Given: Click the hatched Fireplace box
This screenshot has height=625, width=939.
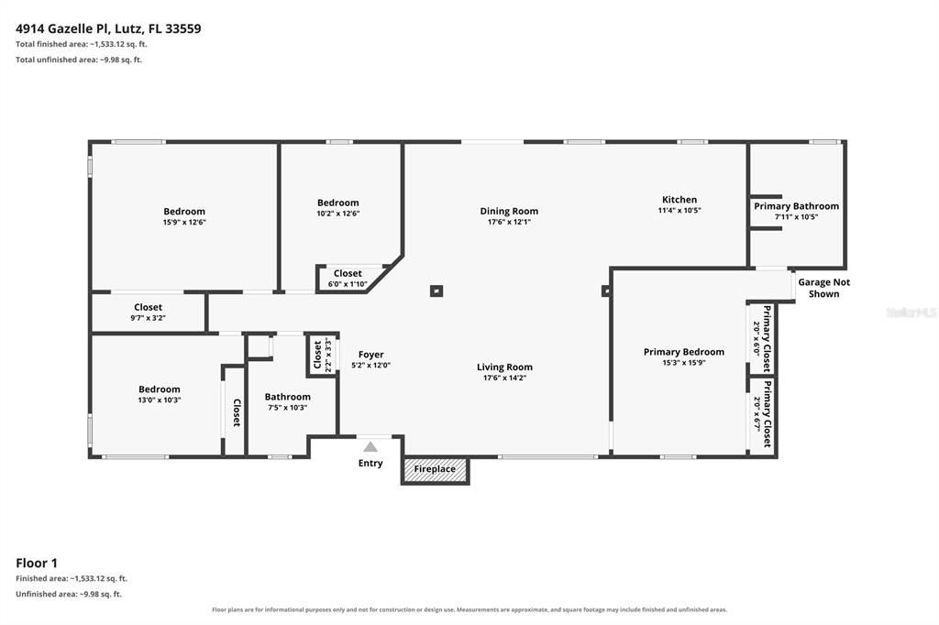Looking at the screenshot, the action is click(x=435, y=470).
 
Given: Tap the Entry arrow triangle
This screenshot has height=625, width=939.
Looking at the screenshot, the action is click(x=370, y=446).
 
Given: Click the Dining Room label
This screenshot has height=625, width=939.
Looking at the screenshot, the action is click(x=509, y=211).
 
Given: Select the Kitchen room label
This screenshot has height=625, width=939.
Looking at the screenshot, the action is click(x=679, y=200).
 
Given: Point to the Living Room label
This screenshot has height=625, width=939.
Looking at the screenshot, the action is click(x=505, y=367).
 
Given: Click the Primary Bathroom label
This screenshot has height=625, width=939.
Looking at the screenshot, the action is click(x=797, y=206).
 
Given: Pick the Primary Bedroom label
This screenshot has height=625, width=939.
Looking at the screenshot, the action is click(x=684, y=351).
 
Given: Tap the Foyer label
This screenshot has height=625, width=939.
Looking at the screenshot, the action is click(x=371, y=355).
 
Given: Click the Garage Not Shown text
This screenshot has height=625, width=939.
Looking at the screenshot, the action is click(x=824, y=288).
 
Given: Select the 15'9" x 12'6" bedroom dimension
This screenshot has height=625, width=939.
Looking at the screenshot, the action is click(x=184, y=222).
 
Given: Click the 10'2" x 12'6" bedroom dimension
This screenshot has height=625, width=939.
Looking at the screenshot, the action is click(x=338, y=214).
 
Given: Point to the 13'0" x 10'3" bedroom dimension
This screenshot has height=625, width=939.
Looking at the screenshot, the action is click(x=160, y=400).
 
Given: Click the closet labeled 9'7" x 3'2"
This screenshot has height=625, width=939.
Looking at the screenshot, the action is click(x=148, y=312).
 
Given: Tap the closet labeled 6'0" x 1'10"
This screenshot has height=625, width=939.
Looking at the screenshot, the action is click(x=348, y=279).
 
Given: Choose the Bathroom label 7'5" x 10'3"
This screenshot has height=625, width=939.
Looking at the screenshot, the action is click(x=287, y=401).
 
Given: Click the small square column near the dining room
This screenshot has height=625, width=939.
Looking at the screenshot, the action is click(x=436, y=291).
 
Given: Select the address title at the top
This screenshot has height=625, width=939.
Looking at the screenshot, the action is click(x=108, y=28).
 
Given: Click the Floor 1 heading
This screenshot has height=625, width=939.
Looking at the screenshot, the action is click(x=37, y=563).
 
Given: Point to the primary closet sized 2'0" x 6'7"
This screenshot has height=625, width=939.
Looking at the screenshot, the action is click(x=762, y=413).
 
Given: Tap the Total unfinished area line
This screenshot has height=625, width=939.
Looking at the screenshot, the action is click(x=79, y=60).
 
